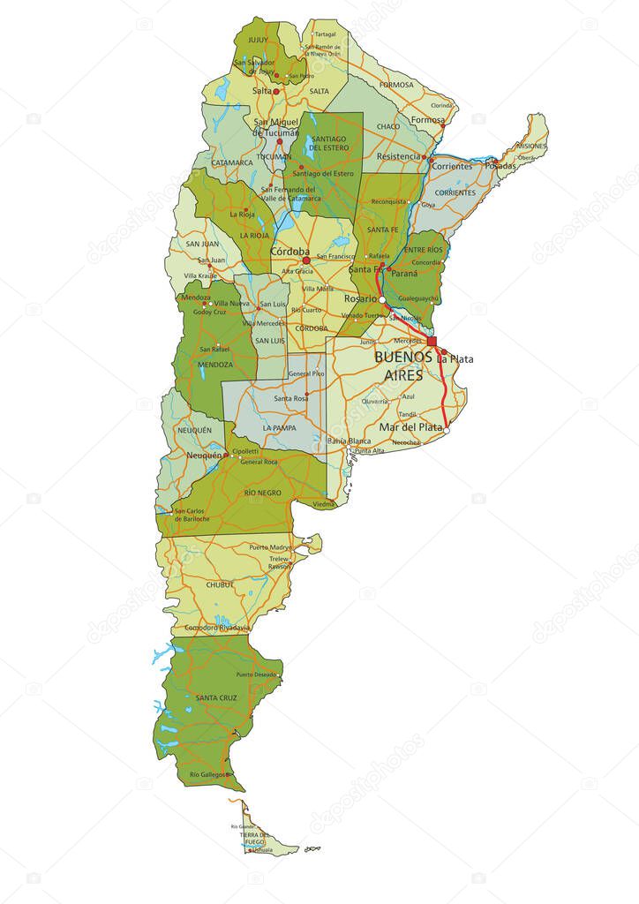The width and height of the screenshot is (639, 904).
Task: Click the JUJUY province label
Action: coord(257,40)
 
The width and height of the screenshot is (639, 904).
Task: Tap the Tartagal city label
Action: coord(326,34)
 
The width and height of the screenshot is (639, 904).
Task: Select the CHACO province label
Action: coord(388,126)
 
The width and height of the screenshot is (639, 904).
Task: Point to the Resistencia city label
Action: coord(399,156)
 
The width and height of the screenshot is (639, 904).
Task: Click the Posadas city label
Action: coord(500,165)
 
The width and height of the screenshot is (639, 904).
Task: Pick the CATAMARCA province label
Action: coord(232,162)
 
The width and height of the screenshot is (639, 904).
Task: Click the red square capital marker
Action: coord(432,341)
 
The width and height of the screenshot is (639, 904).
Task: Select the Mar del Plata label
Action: coord(410,427)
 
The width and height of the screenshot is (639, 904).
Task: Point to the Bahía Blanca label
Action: coord(348,440)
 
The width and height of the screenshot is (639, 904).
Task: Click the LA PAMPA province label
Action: coord(279,427)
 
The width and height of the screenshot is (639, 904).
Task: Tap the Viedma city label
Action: coord(324,504)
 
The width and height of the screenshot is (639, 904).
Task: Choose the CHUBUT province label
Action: coord(220,584)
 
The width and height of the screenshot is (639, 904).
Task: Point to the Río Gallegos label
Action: coord(207,774)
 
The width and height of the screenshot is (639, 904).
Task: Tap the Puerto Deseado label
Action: coord(257,674)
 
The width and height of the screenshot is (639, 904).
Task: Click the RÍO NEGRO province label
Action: coord(262,493)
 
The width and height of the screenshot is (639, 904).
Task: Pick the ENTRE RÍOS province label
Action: coord(422,251)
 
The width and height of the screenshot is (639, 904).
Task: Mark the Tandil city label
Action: coord(407,414)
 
